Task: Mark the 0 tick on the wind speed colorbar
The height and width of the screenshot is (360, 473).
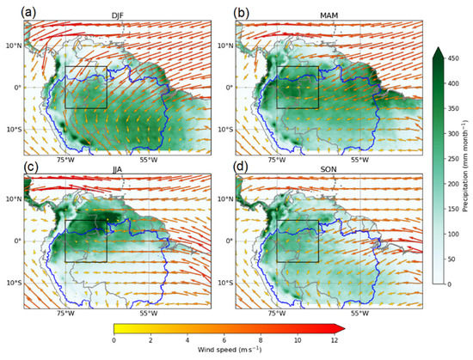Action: pyautogui.click(x=114, y=343)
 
